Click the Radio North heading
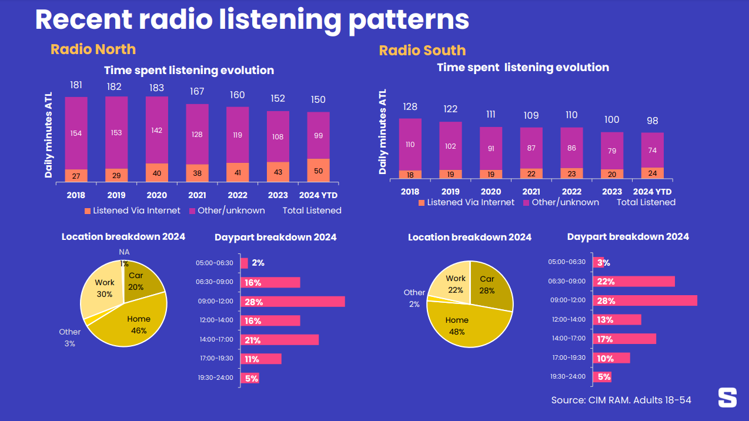coord(93,49)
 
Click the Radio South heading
coord(422,51)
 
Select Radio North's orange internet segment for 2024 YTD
coord(318,170)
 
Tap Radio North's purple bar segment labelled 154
coord(76,133)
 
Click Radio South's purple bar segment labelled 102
coord(450,146)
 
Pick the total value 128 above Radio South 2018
coord(410,106)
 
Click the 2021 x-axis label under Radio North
coord(197,195)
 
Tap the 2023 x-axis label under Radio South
coord(611,192)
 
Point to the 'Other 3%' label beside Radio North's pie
coord(69,338)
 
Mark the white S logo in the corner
coord(727,397)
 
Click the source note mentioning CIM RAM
coord(621,400)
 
